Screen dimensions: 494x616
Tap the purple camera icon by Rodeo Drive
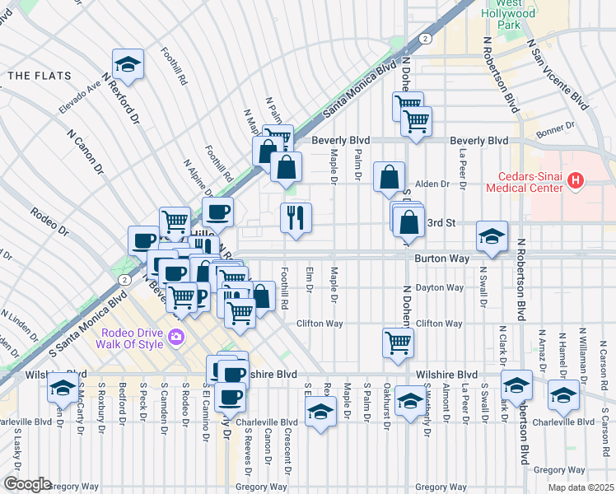coord(175,337)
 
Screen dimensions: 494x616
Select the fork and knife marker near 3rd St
coord(296,217)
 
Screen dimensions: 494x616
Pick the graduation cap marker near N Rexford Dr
coord(128,63)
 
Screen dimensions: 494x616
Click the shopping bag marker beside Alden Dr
coord(389,177)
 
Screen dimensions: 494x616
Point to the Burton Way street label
coord(441,259)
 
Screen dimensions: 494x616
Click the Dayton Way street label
coord(440,287)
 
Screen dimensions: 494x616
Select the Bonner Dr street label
coord(558,128)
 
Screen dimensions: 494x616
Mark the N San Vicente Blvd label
coord(558,73)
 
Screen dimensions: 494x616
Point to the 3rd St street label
coord(441,222)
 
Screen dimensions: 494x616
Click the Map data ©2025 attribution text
coord(580,487)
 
